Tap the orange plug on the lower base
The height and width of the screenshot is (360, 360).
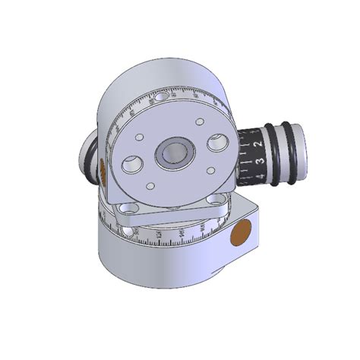click(x=242, y=232)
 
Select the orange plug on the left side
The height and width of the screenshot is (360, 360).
click(x=102, y=172)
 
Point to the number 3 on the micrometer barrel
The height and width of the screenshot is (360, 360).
click(x=260, y=160)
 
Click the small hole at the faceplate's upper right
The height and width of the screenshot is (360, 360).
click(x=199, y=122)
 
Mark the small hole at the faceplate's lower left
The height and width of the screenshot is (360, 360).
click(x=150, y=186)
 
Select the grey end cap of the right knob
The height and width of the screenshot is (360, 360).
click(x=301, y=149)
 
